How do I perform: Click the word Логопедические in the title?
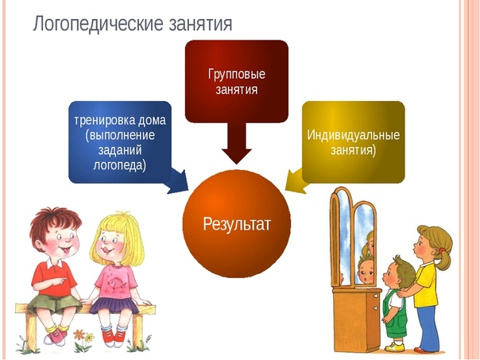[99, 24]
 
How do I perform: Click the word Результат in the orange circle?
[237, 224]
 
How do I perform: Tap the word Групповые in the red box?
[237, 74]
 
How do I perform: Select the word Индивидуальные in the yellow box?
[354, 135]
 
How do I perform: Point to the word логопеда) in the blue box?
[120, 165]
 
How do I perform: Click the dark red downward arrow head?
[237, 156]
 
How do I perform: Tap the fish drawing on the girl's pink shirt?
[117, 282]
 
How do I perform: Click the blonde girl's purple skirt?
[114, 304]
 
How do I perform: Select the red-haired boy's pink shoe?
[55, 337]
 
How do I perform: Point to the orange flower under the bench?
[79, 334]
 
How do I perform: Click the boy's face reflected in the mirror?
[366, 269]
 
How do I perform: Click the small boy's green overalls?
[396, 315]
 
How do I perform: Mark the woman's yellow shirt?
[425, 285]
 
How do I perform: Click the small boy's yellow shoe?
[395, 347]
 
